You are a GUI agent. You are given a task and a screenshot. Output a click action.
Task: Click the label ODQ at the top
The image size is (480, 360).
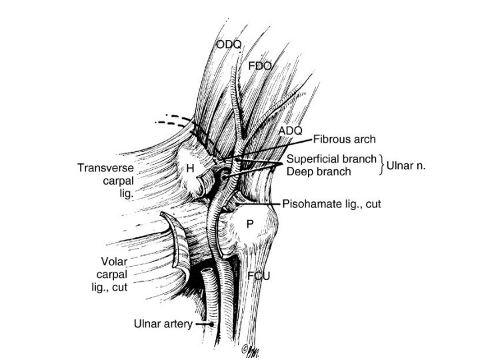[228, 45]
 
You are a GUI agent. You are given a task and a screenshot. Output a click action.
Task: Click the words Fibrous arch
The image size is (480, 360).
[345, 140]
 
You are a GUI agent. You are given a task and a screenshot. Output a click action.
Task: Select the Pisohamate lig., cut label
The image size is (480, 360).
[331, 204]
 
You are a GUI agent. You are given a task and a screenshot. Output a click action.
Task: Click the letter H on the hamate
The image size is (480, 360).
[190, 169]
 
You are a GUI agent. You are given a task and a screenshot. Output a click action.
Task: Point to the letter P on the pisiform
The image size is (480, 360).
[249, 225]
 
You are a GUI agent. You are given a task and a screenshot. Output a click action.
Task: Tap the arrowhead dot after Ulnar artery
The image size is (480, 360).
[212, 325]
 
